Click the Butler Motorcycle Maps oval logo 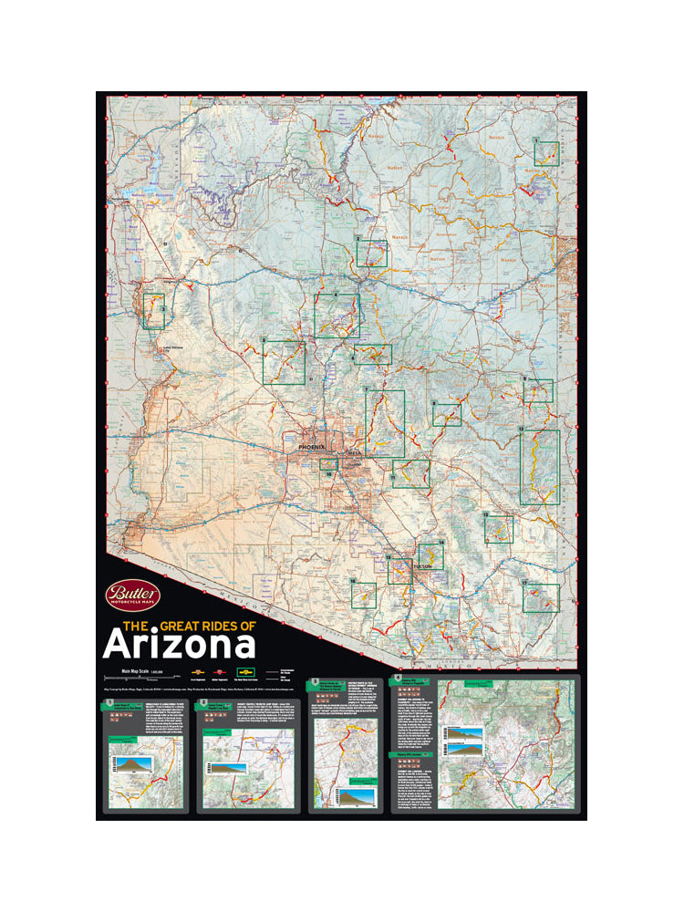pos(133,596)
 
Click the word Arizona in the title pos(179,644)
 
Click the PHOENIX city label pos(311,448)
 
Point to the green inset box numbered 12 pos(539,467)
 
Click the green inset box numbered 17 pos(541,597)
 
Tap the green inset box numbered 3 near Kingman pos(153,310)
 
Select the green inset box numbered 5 pos(284,362)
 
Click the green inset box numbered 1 pos(546,153)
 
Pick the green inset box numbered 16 pos(363,595)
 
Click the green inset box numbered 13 pos(498,529)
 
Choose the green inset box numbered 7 pos(385,424)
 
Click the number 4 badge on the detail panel pos(396,679)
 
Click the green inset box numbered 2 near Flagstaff pos(371,253)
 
